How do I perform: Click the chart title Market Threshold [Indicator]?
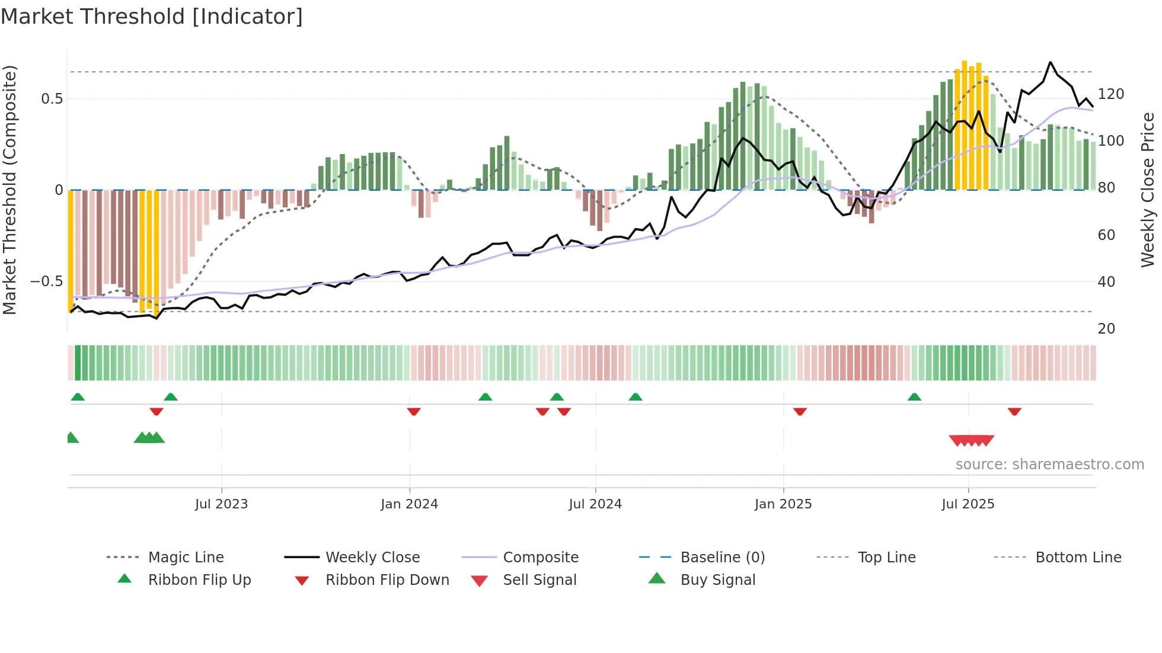(x=152, y=17)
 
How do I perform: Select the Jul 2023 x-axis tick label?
(x=221, y=504)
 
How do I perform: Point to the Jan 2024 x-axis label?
(x=409, y=504)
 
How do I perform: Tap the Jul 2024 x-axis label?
(x=595, y=504)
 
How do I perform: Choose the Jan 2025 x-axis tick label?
(x=783, y=504)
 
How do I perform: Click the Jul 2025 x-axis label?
(x=968, y=504)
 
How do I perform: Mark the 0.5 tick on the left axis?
(x=52, y=99)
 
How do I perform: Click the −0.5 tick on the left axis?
(x=47, y=281)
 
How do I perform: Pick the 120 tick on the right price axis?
(x=1111, y=94)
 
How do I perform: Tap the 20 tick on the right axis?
(x=1106, y=329)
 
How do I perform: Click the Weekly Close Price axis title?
(x=1148, y=190)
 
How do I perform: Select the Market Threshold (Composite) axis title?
(x=9, y=190)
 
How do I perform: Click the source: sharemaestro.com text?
(x=1049, y=465)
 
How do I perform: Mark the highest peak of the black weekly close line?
(x=1051, y=62)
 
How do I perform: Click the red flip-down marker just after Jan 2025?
(x=800, y=411)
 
